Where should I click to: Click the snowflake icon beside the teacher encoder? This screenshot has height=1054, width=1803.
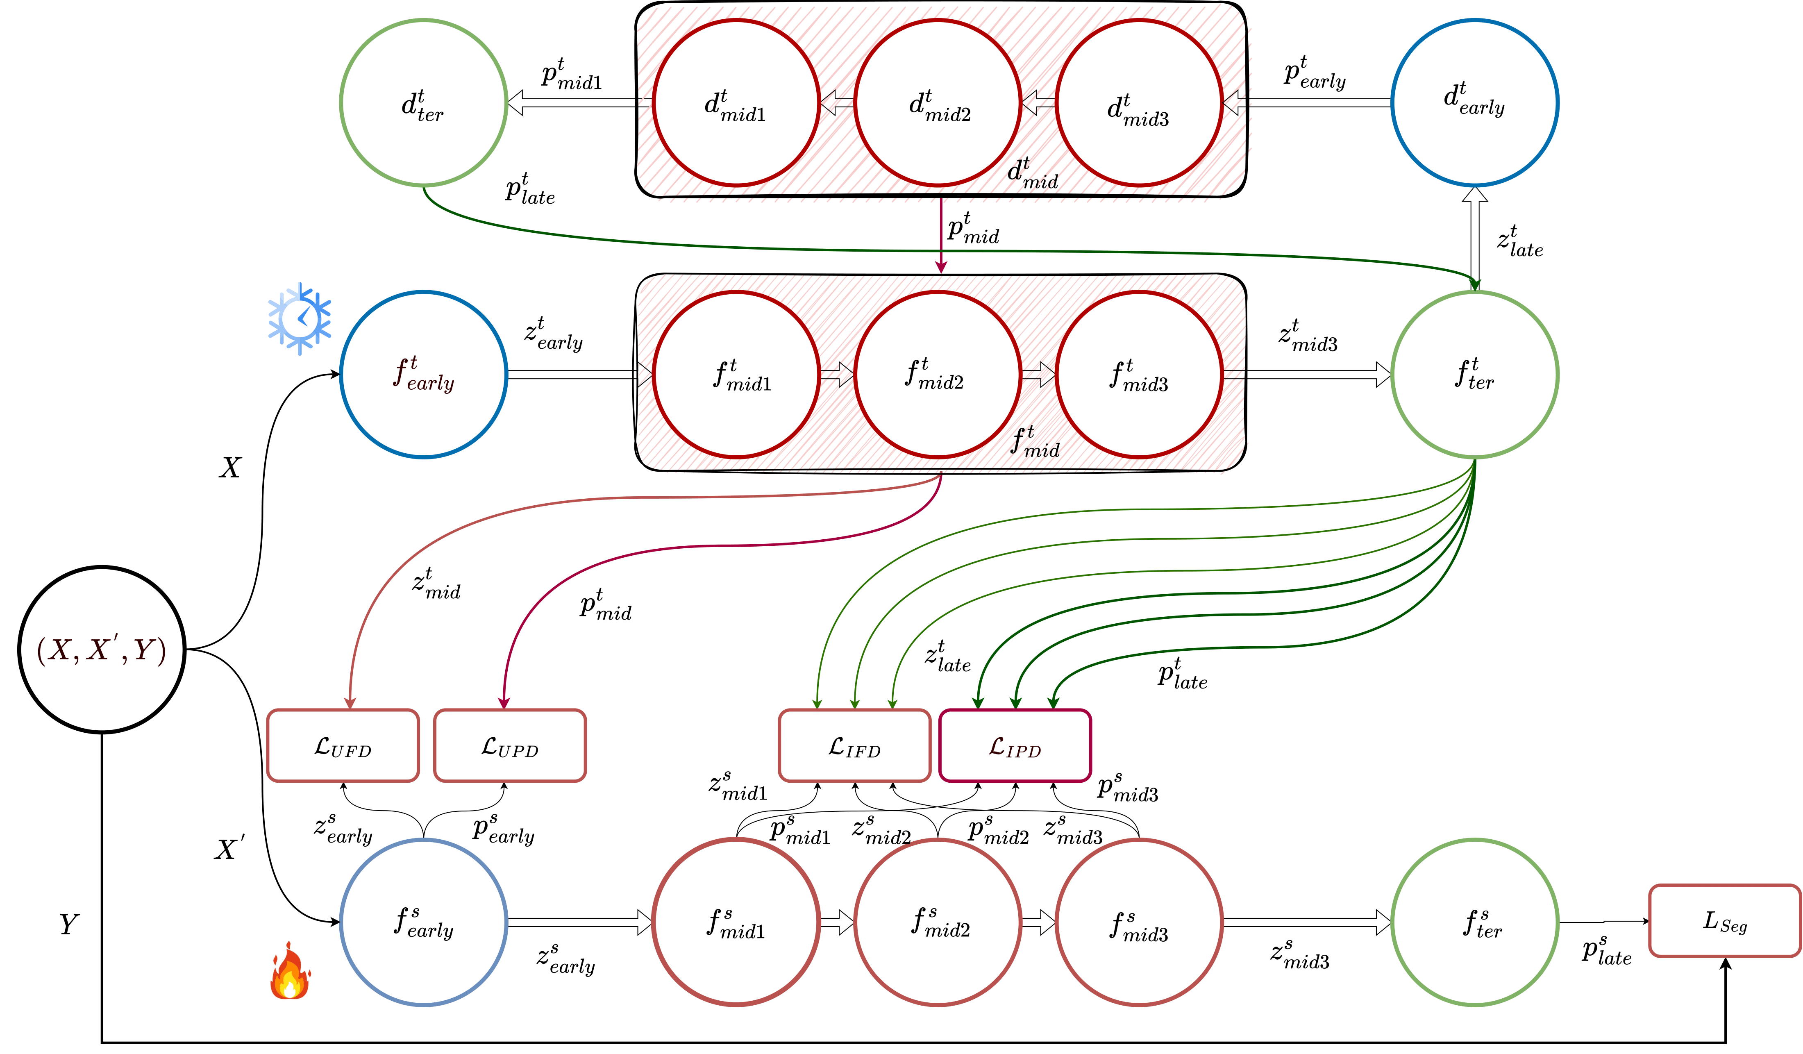tap(300, 318)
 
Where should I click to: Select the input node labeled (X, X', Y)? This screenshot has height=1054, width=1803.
tap(102, 650)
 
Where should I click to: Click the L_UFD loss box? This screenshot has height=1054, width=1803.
tap(343, 745)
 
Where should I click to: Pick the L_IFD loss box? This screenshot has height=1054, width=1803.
tap(854, 745)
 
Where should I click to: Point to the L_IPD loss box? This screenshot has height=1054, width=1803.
tap(1015, 745)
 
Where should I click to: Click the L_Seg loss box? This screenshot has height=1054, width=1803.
tap(1724, 921)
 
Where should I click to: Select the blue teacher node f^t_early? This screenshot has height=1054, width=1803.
tap(424, 374)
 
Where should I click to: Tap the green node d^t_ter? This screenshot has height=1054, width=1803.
tap(424, 103)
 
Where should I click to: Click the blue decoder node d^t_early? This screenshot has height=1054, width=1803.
tap(1475, 103)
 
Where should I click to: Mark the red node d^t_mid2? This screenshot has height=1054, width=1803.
tap(938, 103)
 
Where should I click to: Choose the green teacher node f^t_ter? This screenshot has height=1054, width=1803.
tap(1475, 374)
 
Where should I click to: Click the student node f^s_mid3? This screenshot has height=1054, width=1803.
tap(1139, 922)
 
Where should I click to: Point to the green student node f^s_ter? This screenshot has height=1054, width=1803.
tap(1475, 922)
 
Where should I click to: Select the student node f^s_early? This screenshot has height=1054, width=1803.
tap(424, 922)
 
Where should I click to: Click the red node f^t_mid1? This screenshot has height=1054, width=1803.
tap(736, 374)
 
